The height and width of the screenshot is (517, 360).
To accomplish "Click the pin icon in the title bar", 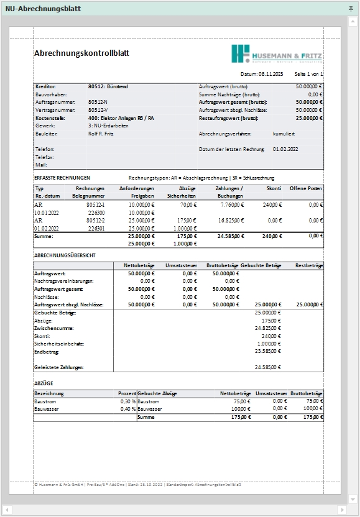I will point(351,8).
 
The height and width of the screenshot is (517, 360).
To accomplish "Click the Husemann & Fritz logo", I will point(277,53).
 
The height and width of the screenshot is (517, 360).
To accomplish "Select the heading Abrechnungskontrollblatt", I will point(81,53).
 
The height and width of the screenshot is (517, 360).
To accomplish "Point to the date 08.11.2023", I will point(270,74).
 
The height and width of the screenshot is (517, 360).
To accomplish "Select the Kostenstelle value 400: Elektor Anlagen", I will point(121,117).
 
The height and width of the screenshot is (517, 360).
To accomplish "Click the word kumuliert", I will point(284,134).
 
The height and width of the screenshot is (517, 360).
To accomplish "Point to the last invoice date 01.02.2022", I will point(285,149).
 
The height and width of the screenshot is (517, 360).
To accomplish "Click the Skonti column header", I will point(274,188).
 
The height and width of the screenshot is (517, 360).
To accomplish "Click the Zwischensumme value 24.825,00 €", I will point(268,327).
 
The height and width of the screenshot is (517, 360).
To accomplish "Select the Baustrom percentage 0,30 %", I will point(126,401).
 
